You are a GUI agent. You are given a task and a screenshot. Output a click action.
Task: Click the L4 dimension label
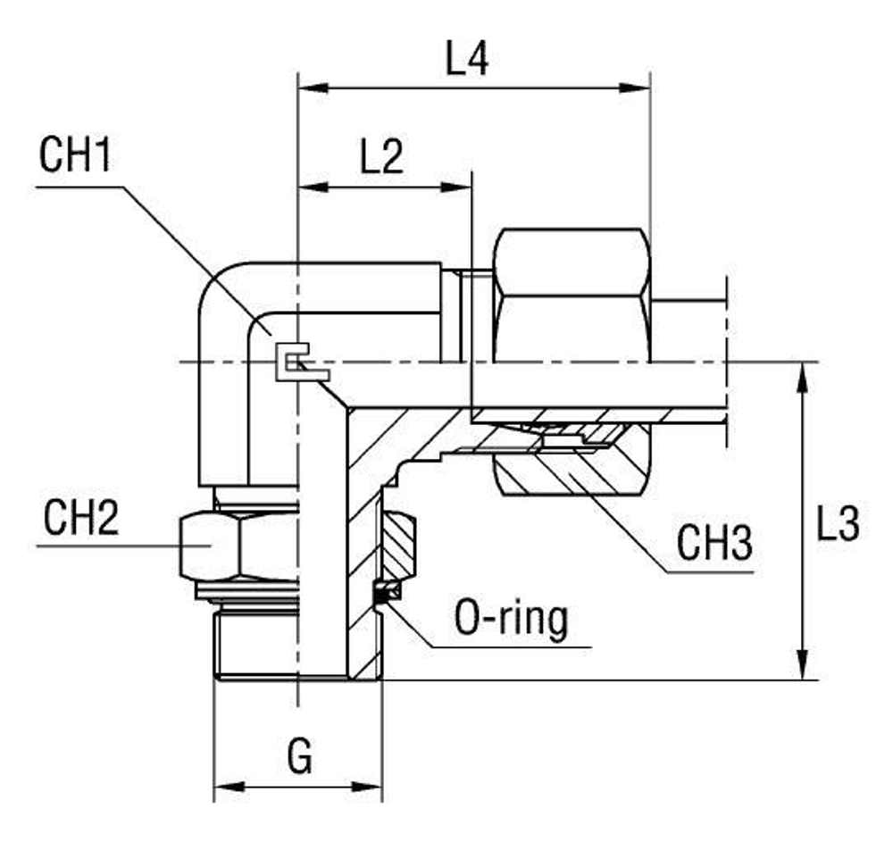coord(467,60)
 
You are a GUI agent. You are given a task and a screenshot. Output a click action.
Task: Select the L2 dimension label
coord(382,157)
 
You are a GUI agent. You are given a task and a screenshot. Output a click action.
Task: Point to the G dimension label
coord(300,758)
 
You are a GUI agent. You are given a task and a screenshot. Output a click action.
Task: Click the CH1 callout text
coord(76,157)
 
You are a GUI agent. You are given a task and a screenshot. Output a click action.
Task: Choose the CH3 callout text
coord(714,543)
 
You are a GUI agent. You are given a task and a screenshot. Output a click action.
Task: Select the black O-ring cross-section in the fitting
coord(382,592)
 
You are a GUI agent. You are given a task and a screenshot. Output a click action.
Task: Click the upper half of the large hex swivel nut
coord(572,263)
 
